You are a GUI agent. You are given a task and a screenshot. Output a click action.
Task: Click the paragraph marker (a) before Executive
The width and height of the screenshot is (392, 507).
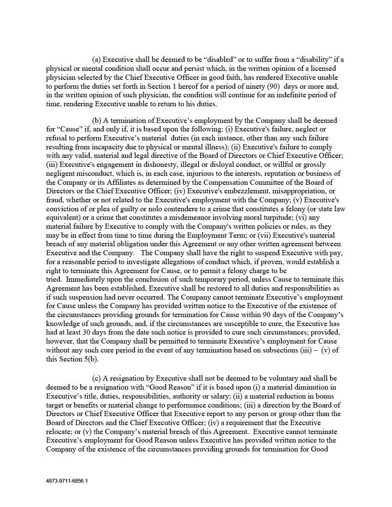pyautogui.click(x=97, y=59)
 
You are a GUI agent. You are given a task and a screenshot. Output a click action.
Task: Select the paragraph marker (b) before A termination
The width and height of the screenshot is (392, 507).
pyautogui.click(x=97, y=120)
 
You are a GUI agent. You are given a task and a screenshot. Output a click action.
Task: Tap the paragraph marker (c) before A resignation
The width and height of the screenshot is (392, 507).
pyautogui.click(x=97, y=378)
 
